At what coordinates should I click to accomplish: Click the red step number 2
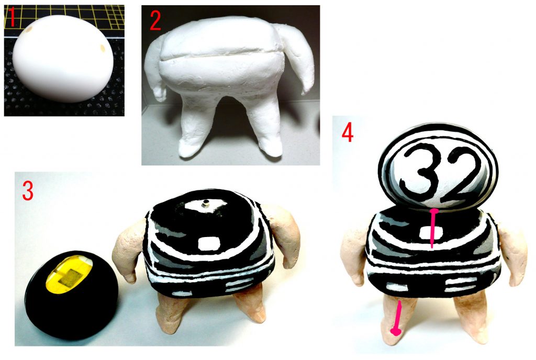[155, 20]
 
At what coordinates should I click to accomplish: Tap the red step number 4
[347, 133]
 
